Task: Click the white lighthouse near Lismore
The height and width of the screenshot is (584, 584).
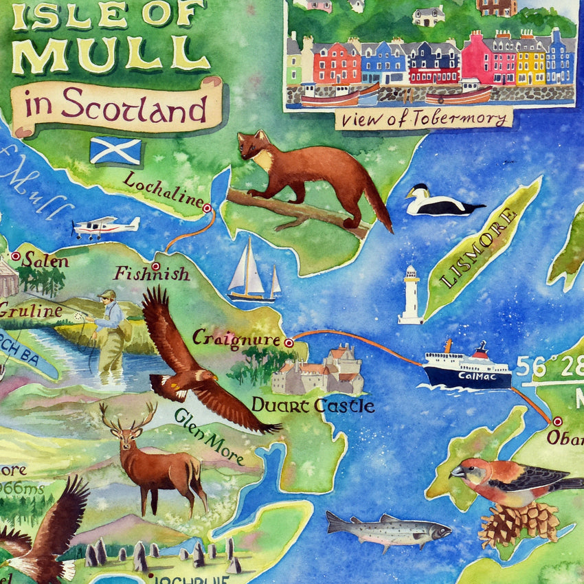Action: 411,295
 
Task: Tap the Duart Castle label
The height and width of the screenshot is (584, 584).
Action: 313,405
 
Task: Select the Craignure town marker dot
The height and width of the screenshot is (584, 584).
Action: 289,342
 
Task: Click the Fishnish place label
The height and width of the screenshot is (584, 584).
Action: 152,274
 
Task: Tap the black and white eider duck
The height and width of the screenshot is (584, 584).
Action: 440,202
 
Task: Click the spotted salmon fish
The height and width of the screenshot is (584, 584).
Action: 388,528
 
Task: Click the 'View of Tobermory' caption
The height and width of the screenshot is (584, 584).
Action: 424,119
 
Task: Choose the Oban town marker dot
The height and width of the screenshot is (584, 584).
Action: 557,420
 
